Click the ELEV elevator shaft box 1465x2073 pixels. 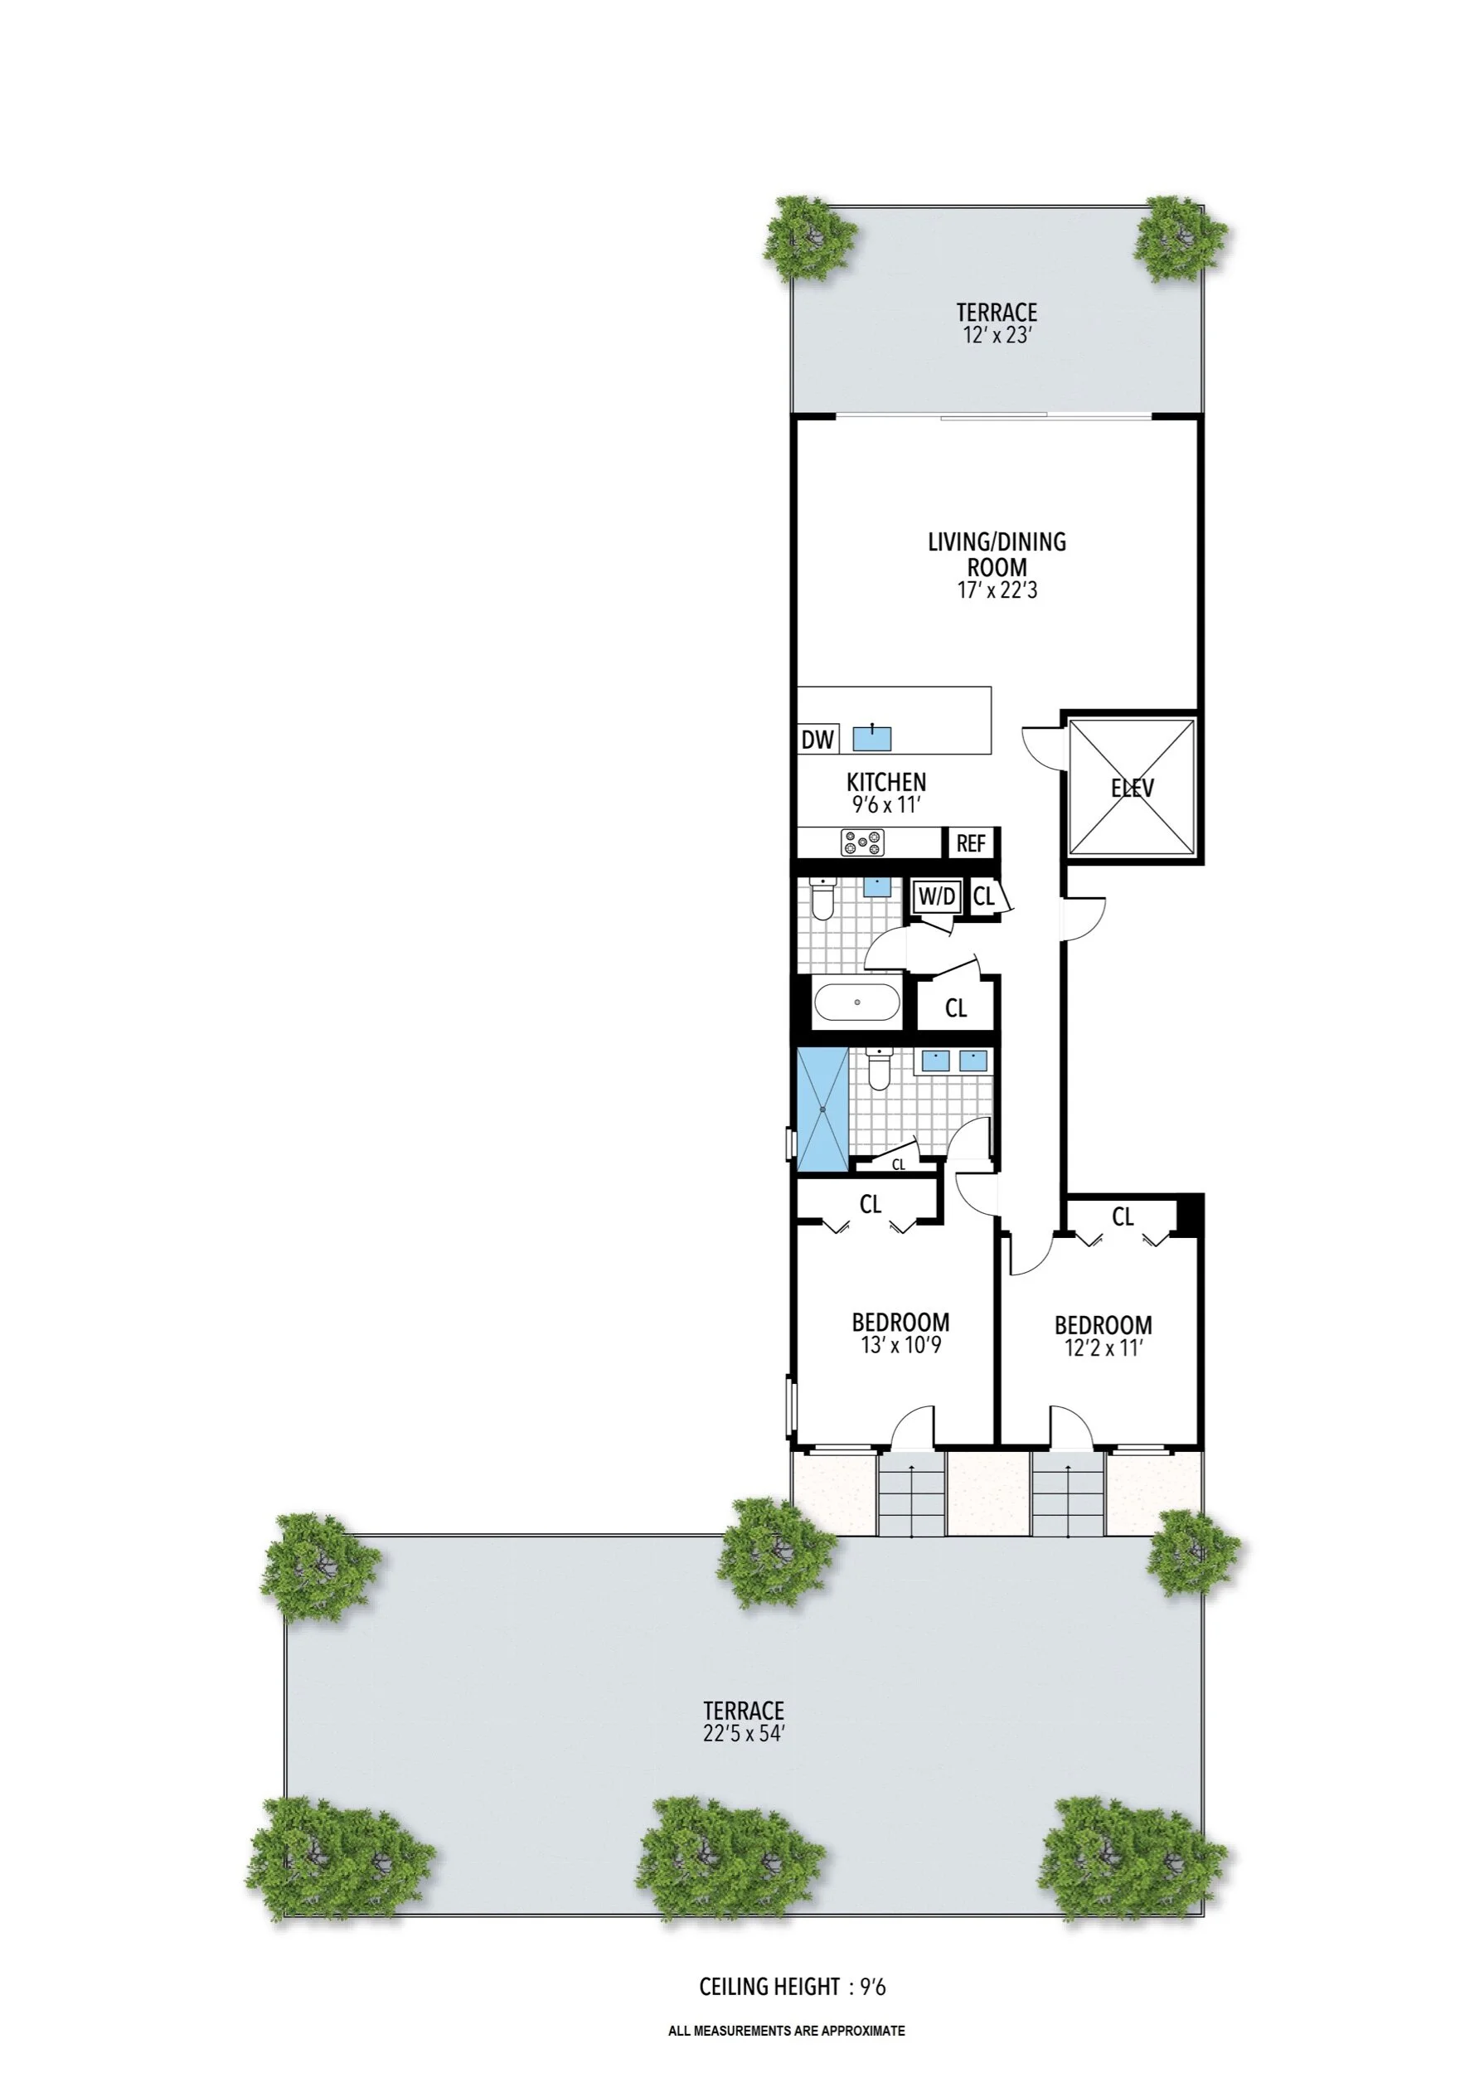coord(1132,786)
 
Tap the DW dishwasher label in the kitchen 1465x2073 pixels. coord(817,740)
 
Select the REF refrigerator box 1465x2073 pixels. coord(970,843)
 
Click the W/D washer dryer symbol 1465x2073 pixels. coord(937,897)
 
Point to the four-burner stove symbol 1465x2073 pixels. coord(863,843)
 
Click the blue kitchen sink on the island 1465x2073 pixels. coord(872,738)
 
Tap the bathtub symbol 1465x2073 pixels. coord(856,1003)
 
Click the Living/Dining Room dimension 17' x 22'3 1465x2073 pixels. coord(997,591)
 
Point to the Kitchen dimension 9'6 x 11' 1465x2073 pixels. coord(885,804)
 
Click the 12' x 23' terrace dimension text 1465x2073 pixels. coord(997,336)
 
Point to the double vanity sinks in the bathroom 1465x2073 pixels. coord(954,1061)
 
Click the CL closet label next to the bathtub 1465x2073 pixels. coord(956,1007)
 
